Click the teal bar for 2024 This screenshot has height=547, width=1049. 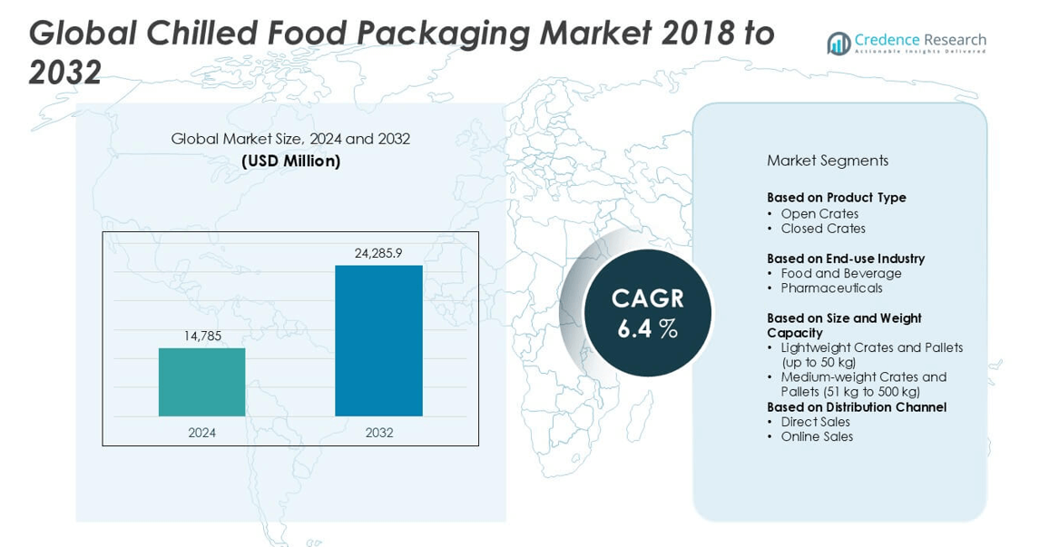tap(201, 382)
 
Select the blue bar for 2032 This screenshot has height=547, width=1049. tap(378, 340)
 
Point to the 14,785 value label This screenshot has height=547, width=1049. tap(202, 337)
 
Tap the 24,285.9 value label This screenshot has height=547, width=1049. tap(378, 253)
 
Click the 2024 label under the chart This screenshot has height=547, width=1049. tap(202, 433)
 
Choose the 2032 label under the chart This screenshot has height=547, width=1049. tap(379, 433)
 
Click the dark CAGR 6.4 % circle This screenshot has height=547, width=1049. tap(647, 313)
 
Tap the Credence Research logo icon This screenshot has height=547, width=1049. tap(838, 43)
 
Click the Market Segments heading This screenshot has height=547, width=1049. tap(827, 161)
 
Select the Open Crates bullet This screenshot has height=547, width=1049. tap(819, 214)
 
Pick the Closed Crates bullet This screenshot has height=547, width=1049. tap(823, 229)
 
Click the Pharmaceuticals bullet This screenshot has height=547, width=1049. tap(831, 288)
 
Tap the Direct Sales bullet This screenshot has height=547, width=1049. tap(815, 422)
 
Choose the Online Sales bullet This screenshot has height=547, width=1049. tap(817, 436)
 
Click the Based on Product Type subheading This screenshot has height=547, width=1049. tap(836, 198)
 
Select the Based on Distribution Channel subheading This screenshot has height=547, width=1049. tap(856, 407)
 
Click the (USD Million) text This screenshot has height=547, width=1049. tap(290, 161)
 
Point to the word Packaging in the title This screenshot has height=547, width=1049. tap(443, 34)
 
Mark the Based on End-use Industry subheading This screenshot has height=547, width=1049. tap(845, 259)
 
